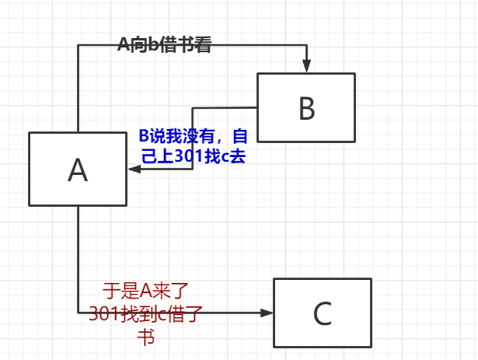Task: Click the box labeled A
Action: coord(78,169)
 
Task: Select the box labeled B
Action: coord(306,107)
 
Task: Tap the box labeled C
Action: coord(322,313)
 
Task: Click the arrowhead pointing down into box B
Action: coord(307,67)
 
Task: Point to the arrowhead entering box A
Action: coord(134,169)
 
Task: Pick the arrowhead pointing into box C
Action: coord(267,313)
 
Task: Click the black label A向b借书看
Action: coord(164,44)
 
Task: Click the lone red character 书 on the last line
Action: coord(145,336)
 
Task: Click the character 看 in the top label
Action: coord(203,44)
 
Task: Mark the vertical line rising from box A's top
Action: coord(78,89)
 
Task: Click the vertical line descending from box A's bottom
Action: coord(78,257)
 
